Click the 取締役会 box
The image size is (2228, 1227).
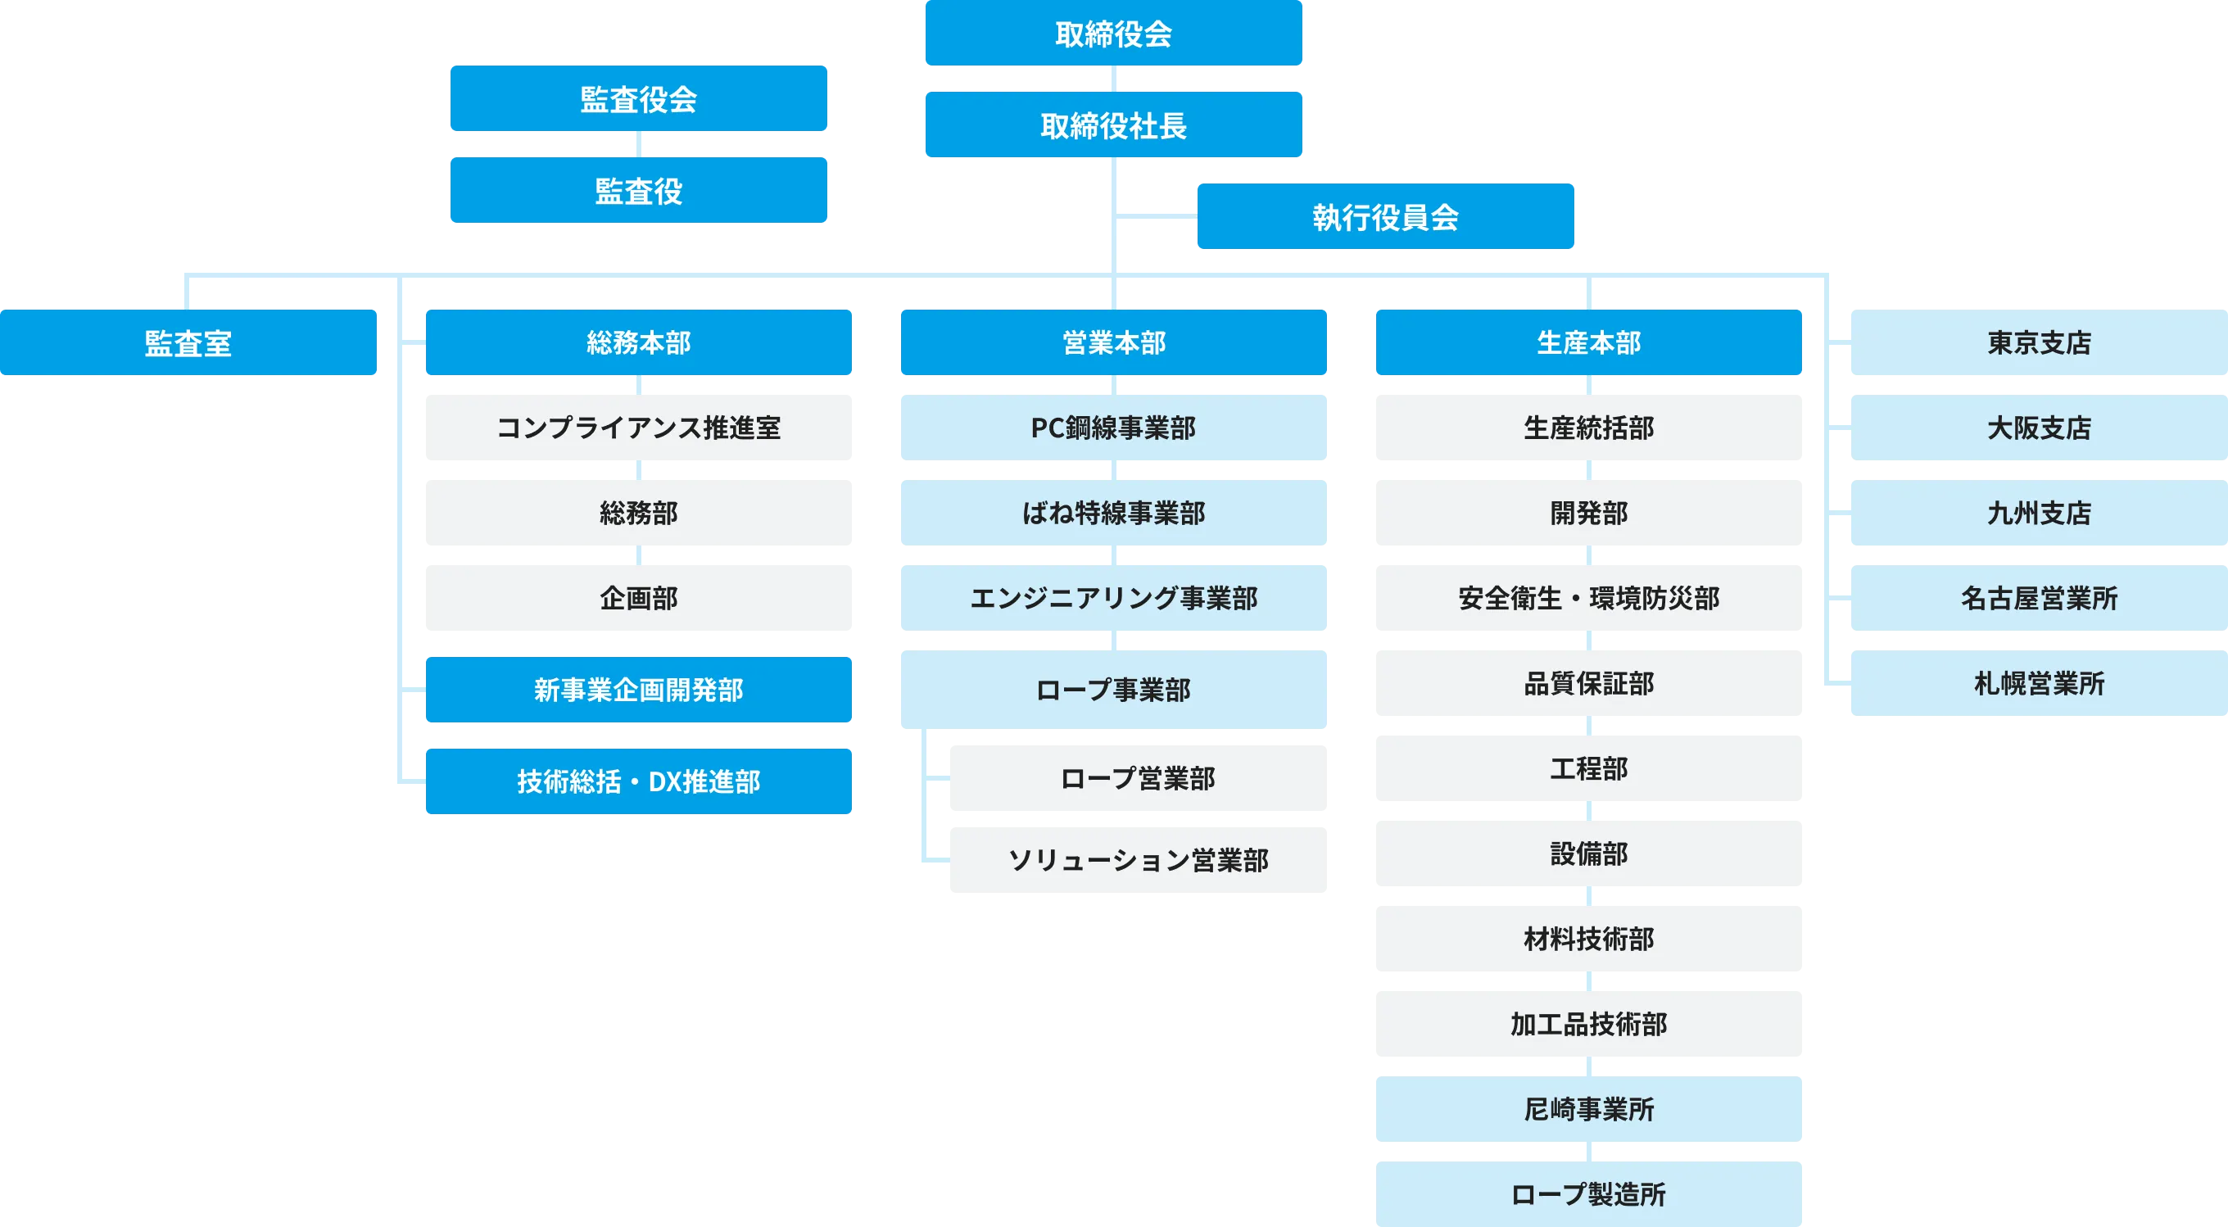coord(1113,33)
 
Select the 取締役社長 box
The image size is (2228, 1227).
coord(1113,125)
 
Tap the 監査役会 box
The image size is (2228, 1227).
coord(638,98)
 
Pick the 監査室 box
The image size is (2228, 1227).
coord(188,343)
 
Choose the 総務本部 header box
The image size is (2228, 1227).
coord(638,342)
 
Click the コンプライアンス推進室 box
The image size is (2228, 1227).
coord(638,428)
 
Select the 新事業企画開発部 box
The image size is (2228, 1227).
coord(638,689)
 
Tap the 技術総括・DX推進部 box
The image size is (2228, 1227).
coord(638,781)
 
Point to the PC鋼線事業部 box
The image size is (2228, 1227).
coord(1113,428)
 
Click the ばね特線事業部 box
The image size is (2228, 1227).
coord(1113,513)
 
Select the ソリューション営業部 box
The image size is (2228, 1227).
coord(1139,860)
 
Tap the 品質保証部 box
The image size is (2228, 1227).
coord(1588,683)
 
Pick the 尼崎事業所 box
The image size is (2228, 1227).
coord(1588,1109)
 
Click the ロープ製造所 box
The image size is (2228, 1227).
coord(1588,1193)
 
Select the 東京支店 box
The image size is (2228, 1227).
coord(2038,342)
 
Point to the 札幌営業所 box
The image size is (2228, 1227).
coord(2038,683)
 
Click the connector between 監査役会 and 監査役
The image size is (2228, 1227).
coord(638,144)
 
